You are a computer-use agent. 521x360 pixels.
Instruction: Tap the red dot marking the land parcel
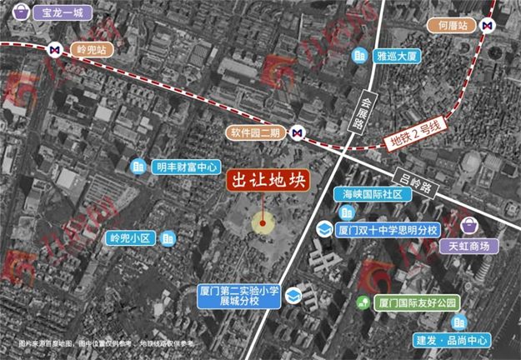coord(263,222)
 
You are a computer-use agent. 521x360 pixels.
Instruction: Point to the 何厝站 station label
coord(453,26)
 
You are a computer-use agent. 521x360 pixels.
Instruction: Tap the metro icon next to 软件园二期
coord(298,132)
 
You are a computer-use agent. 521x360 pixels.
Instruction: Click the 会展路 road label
coord(360,108)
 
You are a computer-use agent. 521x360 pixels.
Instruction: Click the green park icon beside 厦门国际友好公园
coord(361,302)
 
